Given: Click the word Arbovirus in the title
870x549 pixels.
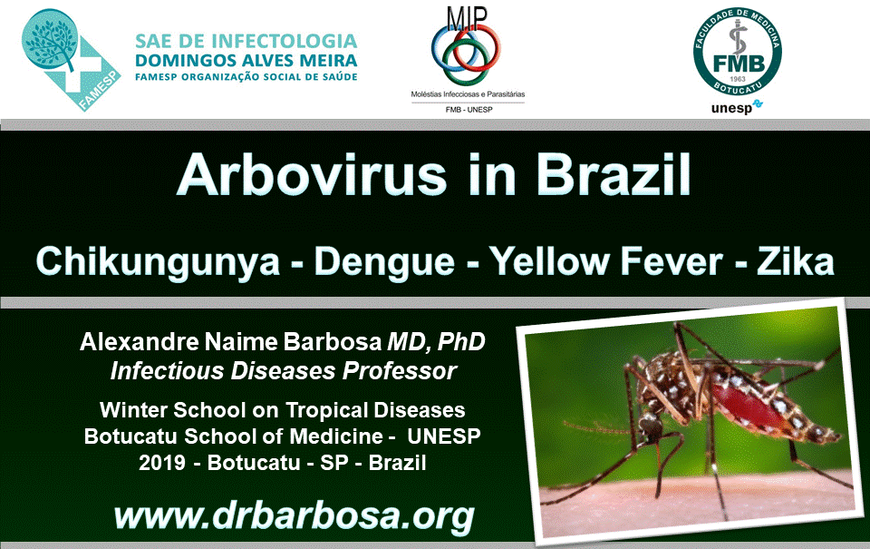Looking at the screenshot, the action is pyautogui.click(x=312, y=174).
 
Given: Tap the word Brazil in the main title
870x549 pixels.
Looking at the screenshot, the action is pyautogui.click(x=614, y=174).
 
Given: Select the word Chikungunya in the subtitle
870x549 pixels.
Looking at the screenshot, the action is pyautogui.click(x=158, y=261).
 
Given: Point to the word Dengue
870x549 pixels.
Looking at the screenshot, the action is pyautogui.click(x=384, y=261).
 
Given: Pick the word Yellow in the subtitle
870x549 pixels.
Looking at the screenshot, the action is pyautogui.click(x=549, y=260).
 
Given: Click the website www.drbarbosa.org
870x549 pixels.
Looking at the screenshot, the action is pyautogui.click(x=294, y=516).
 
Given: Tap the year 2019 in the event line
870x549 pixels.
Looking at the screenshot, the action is pyautogui.click(x=162, y=462).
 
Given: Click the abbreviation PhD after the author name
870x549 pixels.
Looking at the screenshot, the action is pyautogui.click(x=461, y=342).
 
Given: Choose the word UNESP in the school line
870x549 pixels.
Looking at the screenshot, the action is pyautogui.click(x=444, y=436).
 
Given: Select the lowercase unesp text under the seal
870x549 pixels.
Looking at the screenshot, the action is pyautogui.click(x=732, y=107).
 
